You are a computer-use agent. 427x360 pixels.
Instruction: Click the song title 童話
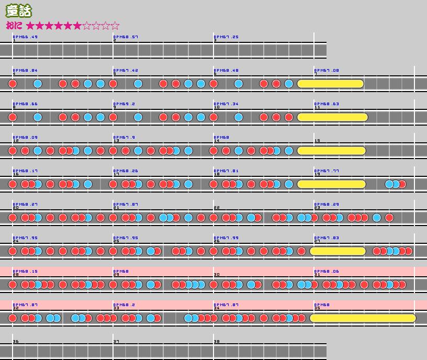click(x=19, y=10)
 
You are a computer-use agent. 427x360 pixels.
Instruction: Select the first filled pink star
click(x=30, y=26)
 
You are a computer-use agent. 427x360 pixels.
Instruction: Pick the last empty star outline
click(x=115, y=26)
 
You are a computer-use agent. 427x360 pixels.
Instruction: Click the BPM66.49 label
click(x=25, y=37)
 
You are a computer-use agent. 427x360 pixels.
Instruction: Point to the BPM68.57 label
click(x=126, y=37)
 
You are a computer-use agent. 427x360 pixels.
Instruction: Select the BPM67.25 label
click(x=226, y=37)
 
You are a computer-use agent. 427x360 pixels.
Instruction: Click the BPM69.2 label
click(x=125, y=104)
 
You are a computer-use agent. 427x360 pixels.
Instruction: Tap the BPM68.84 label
click(x=25, y=70)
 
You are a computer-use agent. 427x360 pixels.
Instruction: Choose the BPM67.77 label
click(x=327, y=171)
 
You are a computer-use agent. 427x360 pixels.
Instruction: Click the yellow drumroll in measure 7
click(x=330, y=84)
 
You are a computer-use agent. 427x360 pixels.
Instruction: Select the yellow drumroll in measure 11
click(x=332, y=117)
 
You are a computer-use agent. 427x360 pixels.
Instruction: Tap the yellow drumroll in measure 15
click(x=331, y=151)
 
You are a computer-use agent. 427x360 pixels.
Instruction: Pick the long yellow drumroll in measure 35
click(x=363, y=318)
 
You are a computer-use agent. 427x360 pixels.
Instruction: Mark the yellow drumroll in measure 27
click(x=338, y=251)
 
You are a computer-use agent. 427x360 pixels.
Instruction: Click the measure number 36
click(x=16, y=342)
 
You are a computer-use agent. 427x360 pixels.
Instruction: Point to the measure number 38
click(x=217, y=342)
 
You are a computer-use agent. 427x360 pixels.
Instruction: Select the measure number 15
click(x=317, y=141)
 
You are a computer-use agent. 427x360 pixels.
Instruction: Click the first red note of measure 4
click(x=13, y=84)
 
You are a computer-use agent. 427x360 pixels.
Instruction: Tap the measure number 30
click(x=217, y=275)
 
